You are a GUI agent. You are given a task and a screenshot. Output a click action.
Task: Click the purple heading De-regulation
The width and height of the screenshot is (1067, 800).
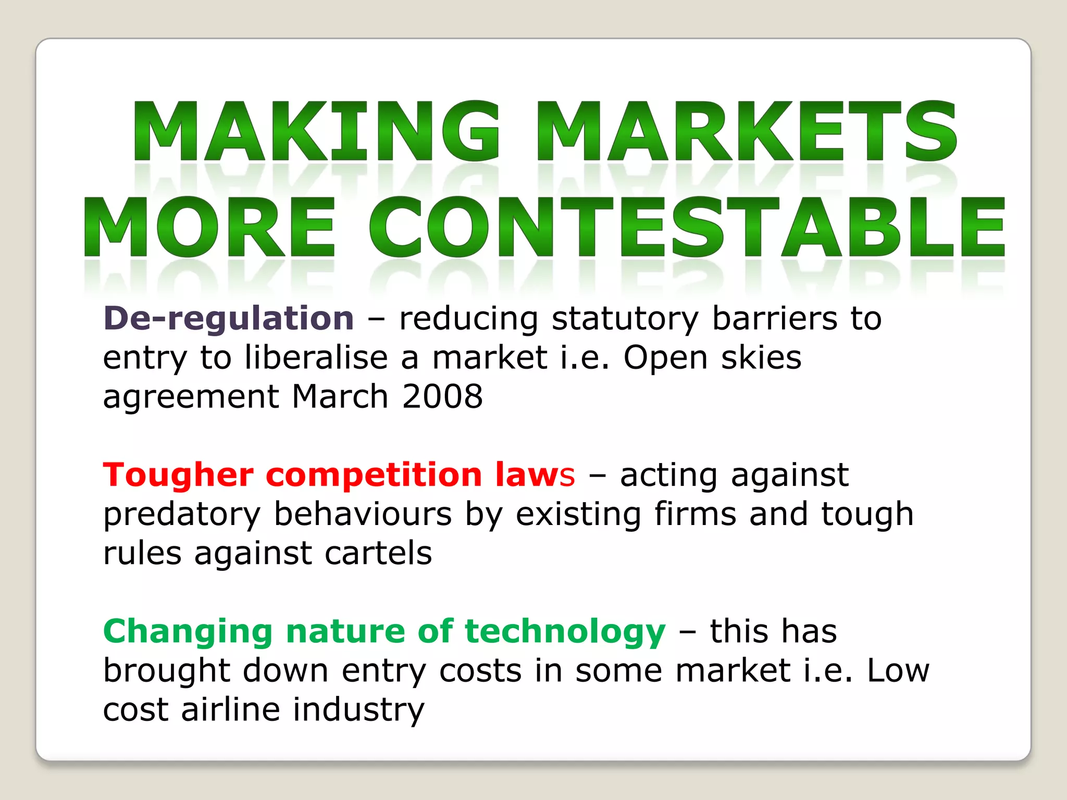point(229,318)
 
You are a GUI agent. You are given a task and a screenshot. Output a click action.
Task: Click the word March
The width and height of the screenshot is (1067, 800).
point(340,396)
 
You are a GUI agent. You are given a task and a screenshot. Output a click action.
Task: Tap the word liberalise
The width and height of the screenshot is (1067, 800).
point(316,358)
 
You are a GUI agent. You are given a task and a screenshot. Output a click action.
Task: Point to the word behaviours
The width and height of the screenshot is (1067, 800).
point(363,514)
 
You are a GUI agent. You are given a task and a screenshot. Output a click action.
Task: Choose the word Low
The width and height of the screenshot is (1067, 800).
point(898,670)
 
